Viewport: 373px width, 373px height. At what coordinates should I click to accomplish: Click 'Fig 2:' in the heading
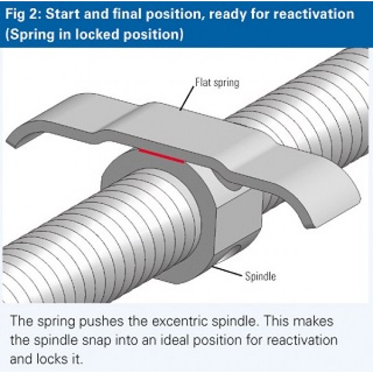pos(23,14)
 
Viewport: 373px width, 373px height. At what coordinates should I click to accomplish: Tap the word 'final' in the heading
pos(117,14)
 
